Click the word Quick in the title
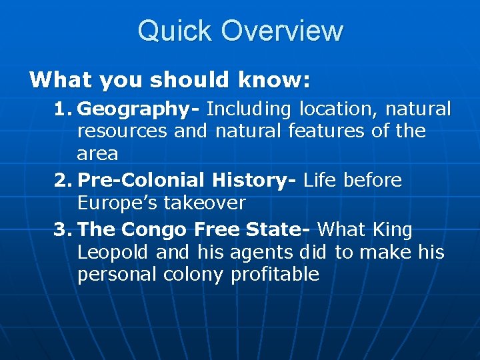click(175, 31)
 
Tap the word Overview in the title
click(282, 31)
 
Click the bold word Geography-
click(143, 109)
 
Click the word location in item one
click(336, 109)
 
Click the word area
click(97, 154)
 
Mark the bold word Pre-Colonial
click(142, 180)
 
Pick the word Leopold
click(113, 253)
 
